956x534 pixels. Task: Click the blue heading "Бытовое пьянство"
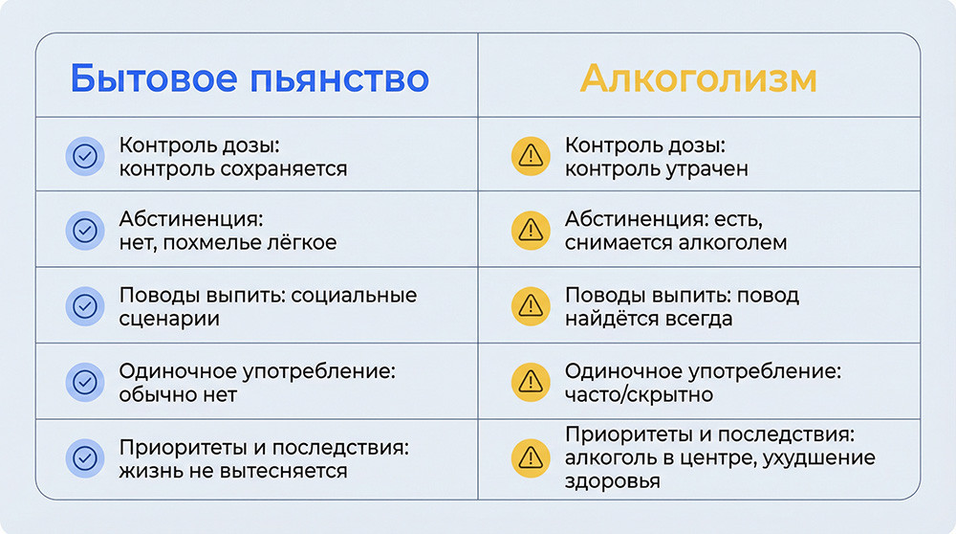click(x=250, y=78)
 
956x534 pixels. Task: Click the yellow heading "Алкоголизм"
click(x=698, y=78)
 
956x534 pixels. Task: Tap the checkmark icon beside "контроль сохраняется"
click(x=85, y=156)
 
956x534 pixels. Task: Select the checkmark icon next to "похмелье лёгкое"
click(x=85, y=231)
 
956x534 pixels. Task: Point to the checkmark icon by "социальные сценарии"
click(x=85, y=306)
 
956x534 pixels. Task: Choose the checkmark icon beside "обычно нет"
click(x=85, y=382)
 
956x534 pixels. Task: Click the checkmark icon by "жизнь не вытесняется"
click(x=85, y=458)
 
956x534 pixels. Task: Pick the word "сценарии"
click(x=169, y=319)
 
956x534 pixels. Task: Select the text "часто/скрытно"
click(x=639, y=394)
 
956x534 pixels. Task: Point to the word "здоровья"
click(x=613, y=481)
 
